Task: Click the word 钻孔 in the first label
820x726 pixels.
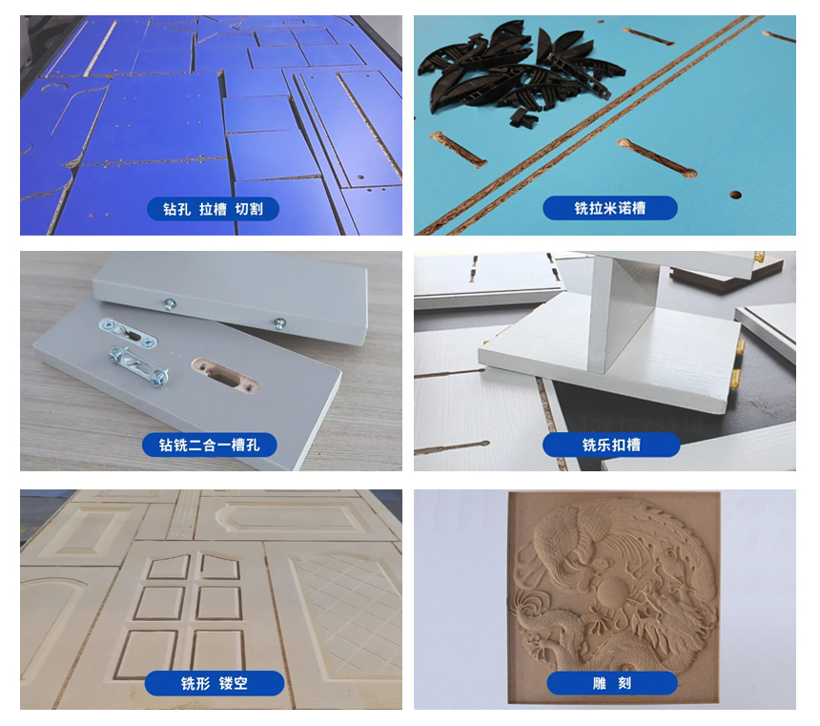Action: coord(176,209)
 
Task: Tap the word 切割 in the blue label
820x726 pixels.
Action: coord(249,209)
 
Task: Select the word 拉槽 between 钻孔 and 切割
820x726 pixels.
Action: coord(213,209)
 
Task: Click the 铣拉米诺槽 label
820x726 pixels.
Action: coord(610,208)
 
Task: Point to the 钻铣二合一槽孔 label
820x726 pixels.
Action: coord(209,445)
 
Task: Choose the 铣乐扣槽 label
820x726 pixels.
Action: coord(611,445)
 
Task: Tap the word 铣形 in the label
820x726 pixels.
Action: coord(195,683)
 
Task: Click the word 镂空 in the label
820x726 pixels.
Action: coord(234,683)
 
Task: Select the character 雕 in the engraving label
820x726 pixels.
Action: coord(600,683)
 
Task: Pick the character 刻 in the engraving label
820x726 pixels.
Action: coord(625,683)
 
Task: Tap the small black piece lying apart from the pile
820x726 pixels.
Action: coord(523,117)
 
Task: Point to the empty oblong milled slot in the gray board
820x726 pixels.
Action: coord(225,375)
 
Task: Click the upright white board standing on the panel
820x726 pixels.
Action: coord(627,313)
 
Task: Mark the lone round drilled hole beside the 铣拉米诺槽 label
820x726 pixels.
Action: coord(735,196)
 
